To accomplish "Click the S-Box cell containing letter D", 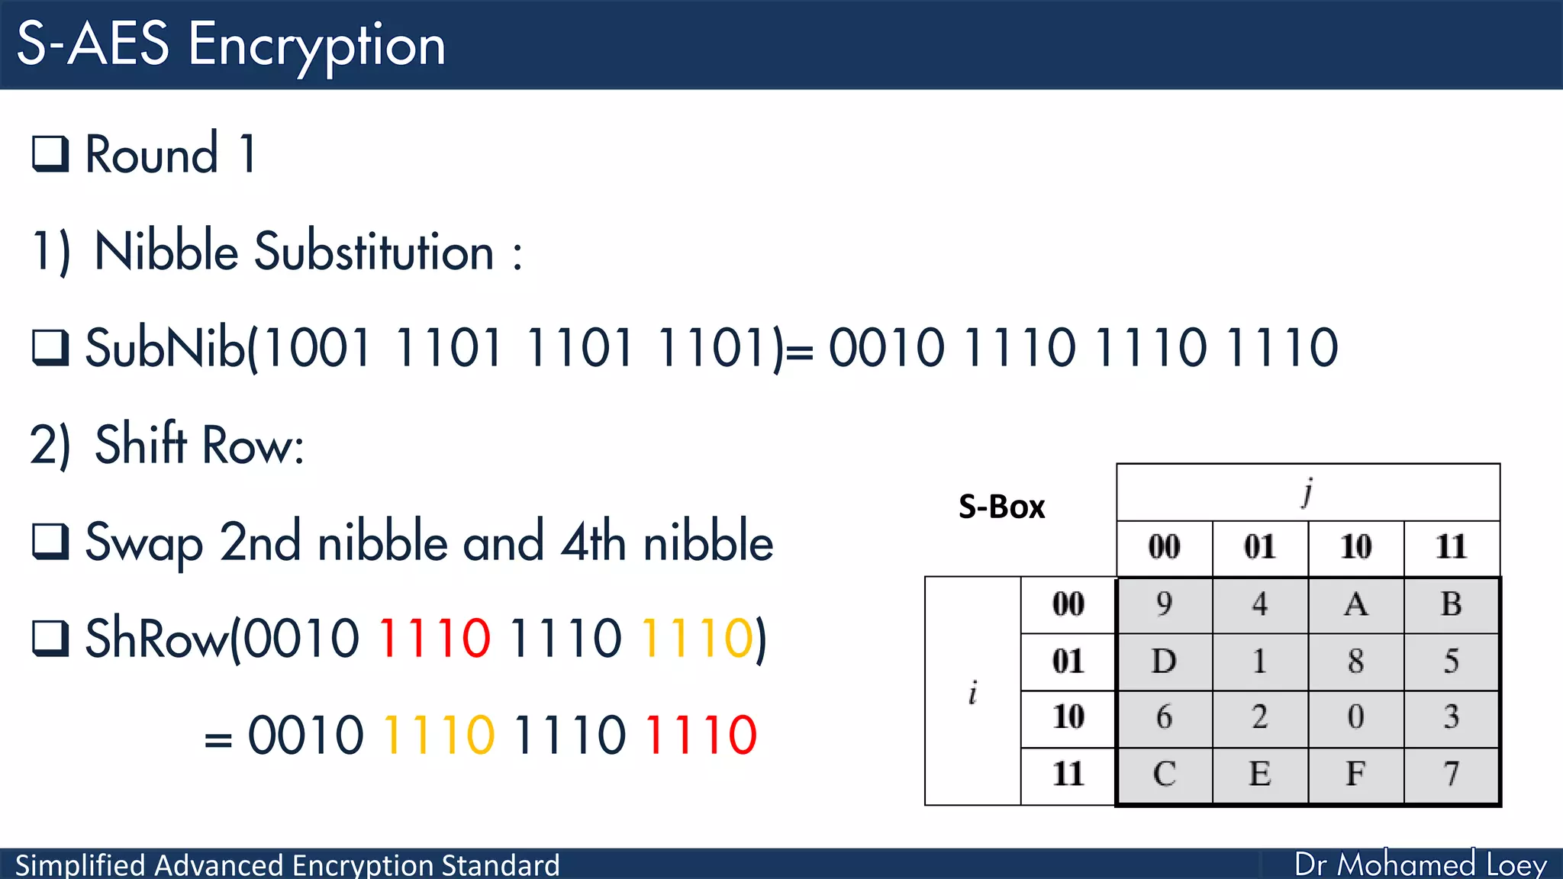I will coord(1164,661).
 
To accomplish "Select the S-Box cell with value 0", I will coord(1355,717).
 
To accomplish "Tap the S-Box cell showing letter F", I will coord(1355,774).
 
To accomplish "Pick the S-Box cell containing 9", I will coord(1164,604).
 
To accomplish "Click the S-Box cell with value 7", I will coord(1451,774).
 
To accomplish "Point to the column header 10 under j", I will coord(1355,547).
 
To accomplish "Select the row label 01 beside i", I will coord(1068,661).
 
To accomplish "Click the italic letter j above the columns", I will coord(1307,492).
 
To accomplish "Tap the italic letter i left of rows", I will coord(972,692).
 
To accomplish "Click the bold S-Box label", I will coord(1001,507).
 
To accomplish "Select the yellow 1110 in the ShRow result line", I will coord(439,735).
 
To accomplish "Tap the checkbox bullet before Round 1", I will coord(50,153).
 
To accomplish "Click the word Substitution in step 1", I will coord(374,251).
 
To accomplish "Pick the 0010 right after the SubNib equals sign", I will coord(886,348).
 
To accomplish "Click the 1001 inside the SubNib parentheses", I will coord(317,348).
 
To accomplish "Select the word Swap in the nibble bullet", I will coord(144,543).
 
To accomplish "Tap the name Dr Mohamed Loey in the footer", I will coord(1420,864).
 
